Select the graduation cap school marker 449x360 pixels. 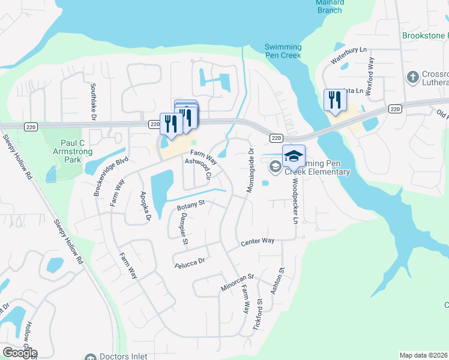tap(294, 156)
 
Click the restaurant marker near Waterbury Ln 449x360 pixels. tap(333, 100)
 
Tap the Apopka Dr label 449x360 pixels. tap(145, 206)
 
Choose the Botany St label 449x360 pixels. tap(191, 206)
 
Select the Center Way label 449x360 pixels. tap(258, 241)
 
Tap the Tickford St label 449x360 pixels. tap(259, 315)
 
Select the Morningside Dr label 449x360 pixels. tap(250, 171)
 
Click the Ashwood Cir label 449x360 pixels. tap(199, 168)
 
